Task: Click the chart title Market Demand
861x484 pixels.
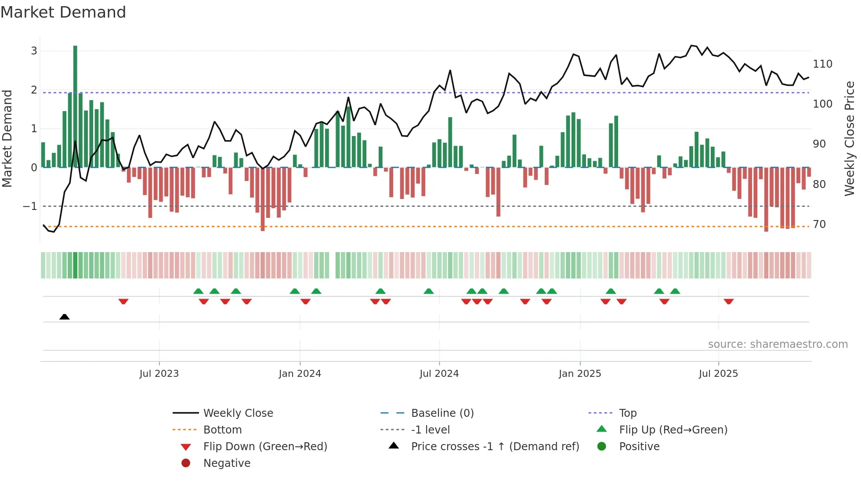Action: click(63, 12)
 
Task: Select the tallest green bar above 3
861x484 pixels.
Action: click(75, 105)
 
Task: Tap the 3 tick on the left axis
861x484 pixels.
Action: click(34, 51)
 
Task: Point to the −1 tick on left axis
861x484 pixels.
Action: click(30, 206)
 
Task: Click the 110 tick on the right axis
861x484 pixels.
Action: click(822, 64)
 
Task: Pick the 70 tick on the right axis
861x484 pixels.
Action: click(819, 224)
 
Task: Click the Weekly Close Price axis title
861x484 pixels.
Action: click(850, 138)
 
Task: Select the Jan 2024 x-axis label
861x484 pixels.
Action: click(300, 374)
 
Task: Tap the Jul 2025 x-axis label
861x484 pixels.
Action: click(718, 374)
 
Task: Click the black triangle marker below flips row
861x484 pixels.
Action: click(65, 317)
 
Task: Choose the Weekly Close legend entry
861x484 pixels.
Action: click(238, 413)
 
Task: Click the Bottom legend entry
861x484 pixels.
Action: click(222, 430)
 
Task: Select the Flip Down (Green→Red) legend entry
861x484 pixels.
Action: click(265, 447)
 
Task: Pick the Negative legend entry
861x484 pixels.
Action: click(227, 463)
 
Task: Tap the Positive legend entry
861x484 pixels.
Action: click(639, 447)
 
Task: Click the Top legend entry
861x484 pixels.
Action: click(628, 413)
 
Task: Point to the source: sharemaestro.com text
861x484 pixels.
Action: click(778, 344)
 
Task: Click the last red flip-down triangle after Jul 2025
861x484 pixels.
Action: click(729, 302)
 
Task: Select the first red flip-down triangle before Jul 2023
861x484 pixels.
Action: click(123, 302)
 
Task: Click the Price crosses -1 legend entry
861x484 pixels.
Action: click(495, 447)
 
